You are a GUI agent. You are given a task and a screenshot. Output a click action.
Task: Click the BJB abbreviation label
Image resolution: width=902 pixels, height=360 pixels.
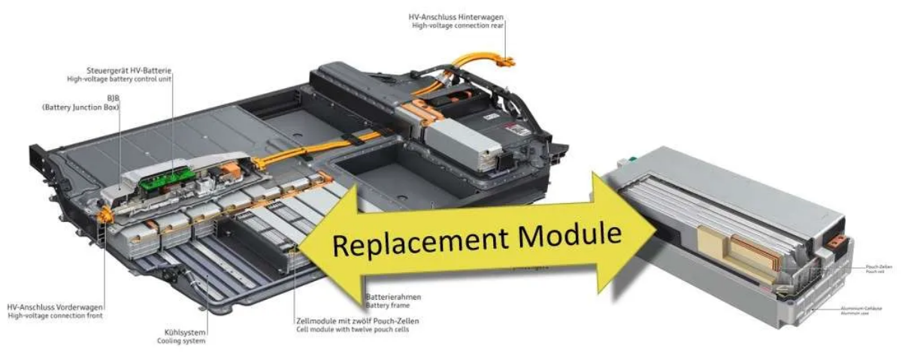coord(113,98)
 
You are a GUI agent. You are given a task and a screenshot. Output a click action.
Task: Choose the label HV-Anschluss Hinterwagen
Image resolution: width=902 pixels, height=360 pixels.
coord(457,17)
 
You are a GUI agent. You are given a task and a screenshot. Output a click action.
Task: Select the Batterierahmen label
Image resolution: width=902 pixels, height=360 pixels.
coord(392,297)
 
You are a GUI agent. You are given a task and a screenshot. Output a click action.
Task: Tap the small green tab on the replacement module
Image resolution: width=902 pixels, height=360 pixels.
coord(636,159)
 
